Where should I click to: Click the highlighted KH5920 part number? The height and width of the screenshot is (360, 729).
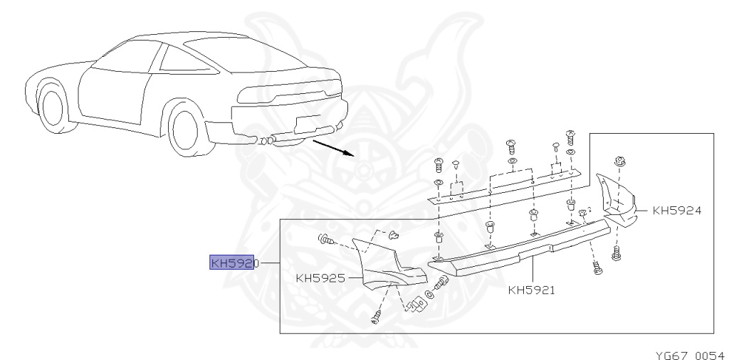click(x=233, y=263)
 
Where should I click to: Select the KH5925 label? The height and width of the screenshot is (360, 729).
click(x=320, y=278)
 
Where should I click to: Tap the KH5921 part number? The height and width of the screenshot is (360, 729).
click(x=532, y=290)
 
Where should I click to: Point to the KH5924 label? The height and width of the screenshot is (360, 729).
click(x=677, y=211)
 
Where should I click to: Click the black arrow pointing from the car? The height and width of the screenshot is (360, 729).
click(x=333, y=147)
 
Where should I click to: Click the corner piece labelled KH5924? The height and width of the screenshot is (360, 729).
click(x=617, y=199)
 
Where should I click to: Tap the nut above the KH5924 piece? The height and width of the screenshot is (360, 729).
click(x=618, y=162)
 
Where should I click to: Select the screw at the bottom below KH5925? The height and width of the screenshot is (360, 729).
click(x=377, y=317)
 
